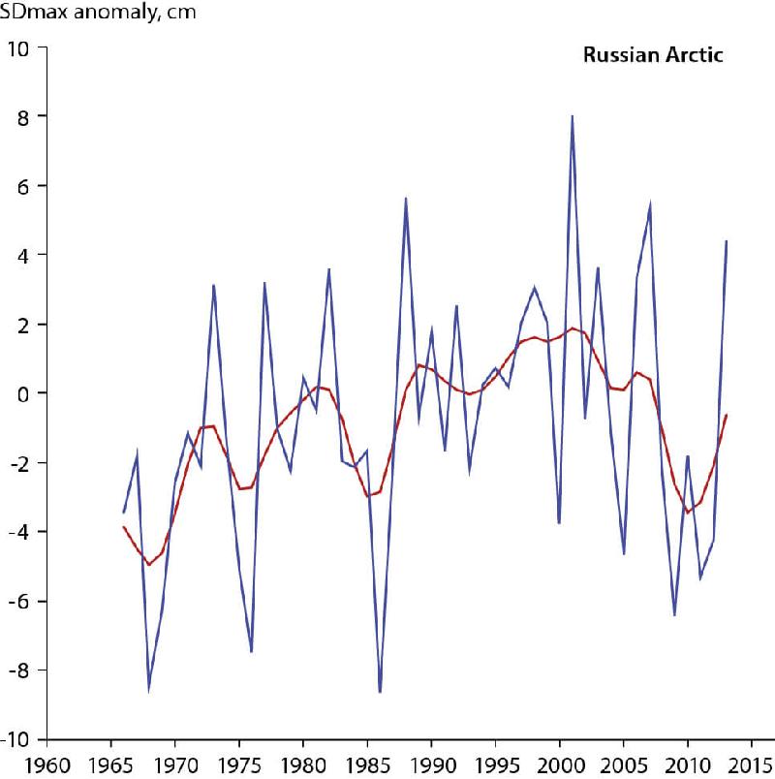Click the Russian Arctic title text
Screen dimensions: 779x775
click(x=652, y=55)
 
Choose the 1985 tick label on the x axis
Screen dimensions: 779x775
click(x=367, y=761)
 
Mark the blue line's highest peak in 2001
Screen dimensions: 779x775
click(x=573, y=116)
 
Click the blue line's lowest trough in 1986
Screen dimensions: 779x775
click(x=380, y=692)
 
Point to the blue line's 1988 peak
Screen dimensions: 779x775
click(x=406, y=198)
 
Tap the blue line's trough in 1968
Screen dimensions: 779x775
click(x=149, y=689)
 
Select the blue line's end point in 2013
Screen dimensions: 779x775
click(x=727, y=241)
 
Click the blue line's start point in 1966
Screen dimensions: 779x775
click(x=124, y=512)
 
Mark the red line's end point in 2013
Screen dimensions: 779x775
click(x=727, y=415)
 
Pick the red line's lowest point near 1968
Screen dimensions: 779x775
click(x=149, y=564)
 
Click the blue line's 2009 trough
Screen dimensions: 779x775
click(x=674, y=614)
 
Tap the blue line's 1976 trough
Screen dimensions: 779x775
click(x=252, y=651)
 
